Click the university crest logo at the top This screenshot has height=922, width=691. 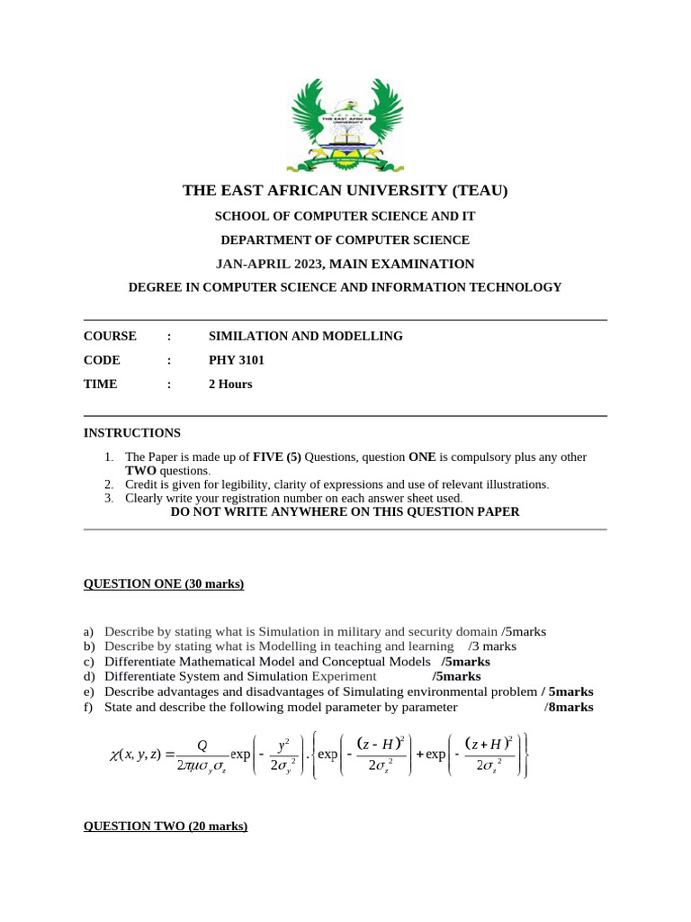click(345, 123)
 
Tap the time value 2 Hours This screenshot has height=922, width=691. click(230, 384)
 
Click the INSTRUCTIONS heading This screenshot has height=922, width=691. click(132, 433)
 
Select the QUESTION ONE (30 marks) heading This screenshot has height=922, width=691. click(164, 584)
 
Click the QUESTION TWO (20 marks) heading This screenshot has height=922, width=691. click(166, 827)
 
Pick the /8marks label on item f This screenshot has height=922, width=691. click(569, 708)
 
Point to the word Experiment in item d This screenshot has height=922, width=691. click(344, 677)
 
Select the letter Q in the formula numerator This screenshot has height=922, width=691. click(202, 746)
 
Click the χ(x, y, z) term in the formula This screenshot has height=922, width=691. click(136, 755)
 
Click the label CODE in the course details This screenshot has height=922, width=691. click(102, 360)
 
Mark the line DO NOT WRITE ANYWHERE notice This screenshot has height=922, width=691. click(345, 512)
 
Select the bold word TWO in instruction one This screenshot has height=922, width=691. click(140, 471)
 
